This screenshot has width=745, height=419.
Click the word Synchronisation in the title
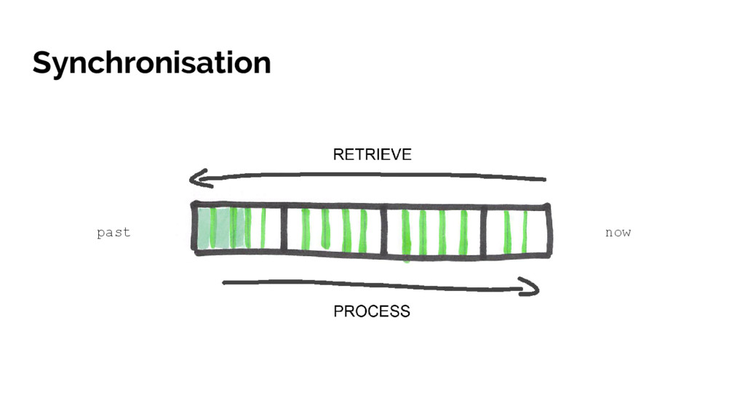coord(151,63)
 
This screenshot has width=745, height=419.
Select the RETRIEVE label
coord(372,154)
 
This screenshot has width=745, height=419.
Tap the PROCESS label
coord(372,311)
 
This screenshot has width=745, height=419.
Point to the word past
coord(113,233)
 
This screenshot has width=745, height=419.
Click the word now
coord(618,233)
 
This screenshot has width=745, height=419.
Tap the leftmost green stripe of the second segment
coord(306,229)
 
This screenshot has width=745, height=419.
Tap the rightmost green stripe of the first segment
coord(263,228)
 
